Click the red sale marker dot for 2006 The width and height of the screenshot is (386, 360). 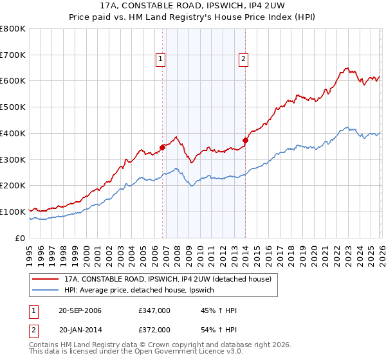(162, 147)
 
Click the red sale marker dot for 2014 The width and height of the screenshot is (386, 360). (245, 140)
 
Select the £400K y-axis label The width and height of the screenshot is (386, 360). (13, 133)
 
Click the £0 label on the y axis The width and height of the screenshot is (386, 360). (21, 238)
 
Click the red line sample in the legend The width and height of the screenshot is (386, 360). (46, 279)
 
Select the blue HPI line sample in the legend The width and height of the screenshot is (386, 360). (46, 291)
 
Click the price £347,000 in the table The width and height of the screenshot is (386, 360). (154, 310)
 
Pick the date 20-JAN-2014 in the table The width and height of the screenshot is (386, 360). (80, 329)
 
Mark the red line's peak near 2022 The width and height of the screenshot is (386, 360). (347, 67)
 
